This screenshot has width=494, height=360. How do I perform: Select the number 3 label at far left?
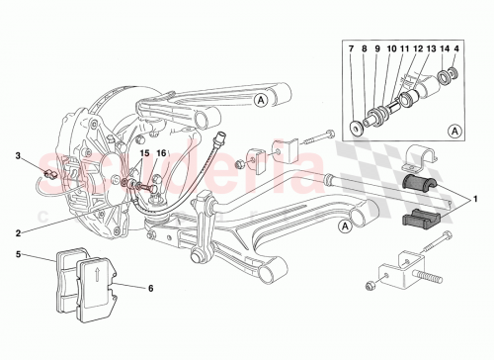click(17, 154)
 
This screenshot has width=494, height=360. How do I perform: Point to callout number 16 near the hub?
click(161, 153)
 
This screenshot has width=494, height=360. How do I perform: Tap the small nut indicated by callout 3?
click(47, 174)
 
